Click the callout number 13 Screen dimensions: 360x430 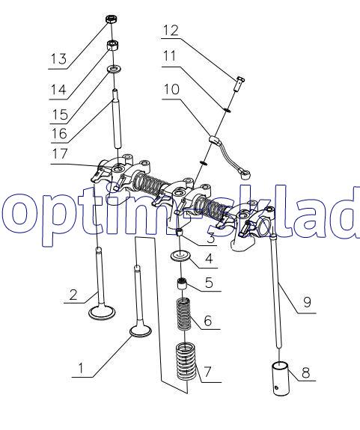click(58, 58)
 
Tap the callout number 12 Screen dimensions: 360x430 click(171, 30)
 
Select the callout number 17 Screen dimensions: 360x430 click(60, 153)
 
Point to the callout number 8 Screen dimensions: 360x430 click(305, 372)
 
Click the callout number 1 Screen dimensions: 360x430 click(81, 368)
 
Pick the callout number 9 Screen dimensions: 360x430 click(308, 302)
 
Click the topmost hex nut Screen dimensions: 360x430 click(112, 19)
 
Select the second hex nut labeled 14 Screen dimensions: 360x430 click(112, 45)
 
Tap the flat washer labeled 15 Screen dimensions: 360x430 click(115, 69)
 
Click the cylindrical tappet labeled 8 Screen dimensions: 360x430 click(281, 378)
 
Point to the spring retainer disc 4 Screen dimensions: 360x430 click(180, 257)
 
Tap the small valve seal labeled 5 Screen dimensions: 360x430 click(183, 283)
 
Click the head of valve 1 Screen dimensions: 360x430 click(140, 331)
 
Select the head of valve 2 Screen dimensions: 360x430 click(103, 313)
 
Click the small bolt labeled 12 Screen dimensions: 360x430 click(240, 83)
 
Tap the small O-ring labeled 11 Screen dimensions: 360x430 click(228, 110)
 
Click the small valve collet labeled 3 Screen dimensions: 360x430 click(180, 233)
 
